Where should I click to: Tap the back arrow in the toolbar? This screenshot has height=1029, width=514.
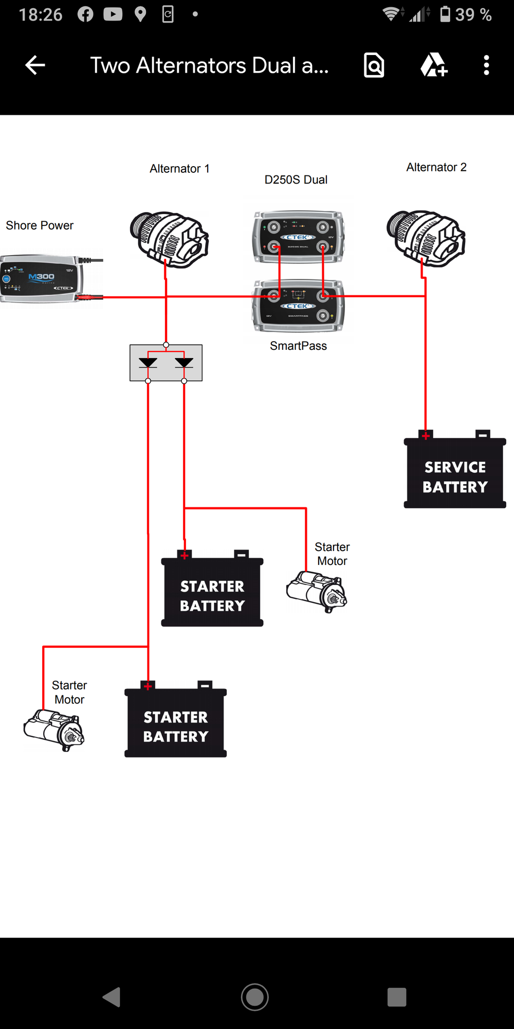(35, 65)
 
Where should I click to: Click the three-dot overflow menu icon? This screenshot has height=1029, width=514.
(486, 65)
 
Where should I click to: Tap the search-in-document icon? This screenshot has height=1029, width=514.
(374, 65)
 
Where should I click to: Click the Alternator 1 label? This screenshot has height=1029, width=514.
(179, 169)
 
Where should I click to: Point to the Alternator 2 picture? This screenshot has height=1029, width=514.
(426, 238)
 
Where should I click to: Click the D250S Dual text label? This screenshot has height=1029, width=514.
(296, 180)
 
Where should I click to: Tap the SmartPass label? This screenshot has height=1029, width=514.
(298, 346)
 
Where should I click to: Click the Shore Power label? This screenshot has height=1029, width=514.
(40, 225)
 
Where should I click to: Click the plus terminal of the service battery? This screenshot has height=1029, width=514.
(426, 435)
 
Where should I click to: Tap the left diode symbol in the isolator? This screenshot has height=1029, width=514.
(148, 362)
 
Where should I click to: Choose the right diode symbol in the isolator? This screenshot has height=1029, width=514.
(184, 362)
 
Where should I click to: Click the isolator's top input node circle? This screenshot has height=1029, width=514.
(166, 345)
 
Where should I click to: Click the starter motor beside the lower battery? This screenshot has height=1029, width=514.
(54, 730)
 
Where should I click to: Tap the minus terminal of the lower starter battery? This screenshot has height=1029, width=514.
(205, 685)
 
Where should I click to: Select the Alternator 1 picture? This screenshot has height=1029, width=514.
(169, 240)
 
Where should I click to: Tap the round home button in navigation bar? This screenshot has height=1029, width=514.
(255, 997)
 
